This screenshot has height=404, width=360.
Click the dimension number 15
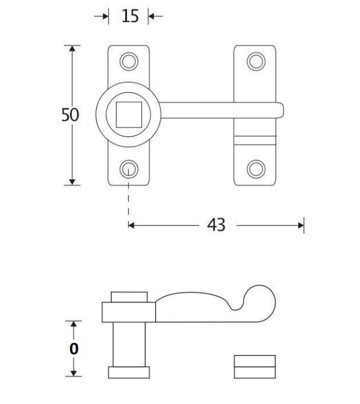130,17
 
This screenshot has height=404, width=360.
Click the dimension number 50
69,115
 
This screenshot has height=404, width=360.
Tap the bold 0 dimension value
74,349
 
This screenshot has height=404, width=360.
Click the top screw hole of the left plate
128,60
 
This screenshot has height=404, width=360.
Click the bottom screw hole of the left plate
128,169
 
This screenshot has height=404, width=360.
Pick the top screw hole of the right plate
256,60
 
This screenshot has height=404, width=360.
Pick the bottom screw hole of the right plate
256,169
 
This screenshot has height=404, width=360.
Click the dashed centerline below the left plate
128,201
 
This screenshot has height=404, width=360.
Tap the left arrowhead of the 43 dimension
132,226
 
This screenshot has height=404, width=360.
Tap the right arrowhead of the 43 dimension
301,226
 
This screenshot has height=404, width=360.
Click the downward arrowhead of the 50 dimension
73,180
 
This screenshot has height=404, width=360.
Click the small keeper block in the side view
255,366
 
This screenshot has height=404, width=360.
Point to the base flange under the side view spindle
129,372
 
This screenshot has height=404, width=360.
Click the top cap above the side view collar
129,297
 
